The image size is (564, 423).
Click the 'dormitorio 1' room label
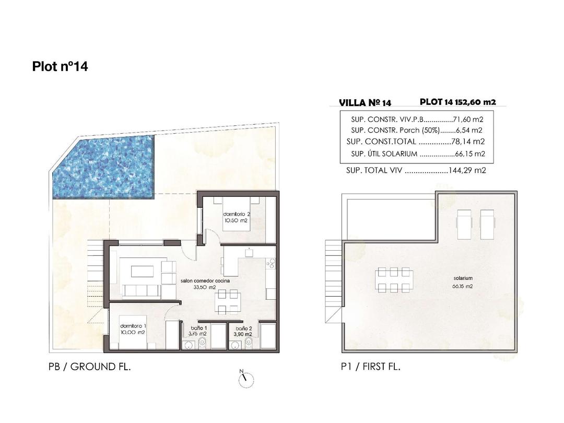pos(132,329)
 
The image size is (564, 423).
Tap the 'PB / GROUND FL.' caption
pos(89,367)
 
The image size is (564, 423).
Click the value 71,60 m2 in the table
pos(468,120)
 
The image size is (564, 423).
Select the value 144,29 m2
pos(468,170)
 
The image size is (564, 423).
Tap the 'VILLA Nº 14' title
pos(365,103)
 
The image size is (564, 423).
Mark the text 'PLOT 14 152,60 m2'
pos(457,102)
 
